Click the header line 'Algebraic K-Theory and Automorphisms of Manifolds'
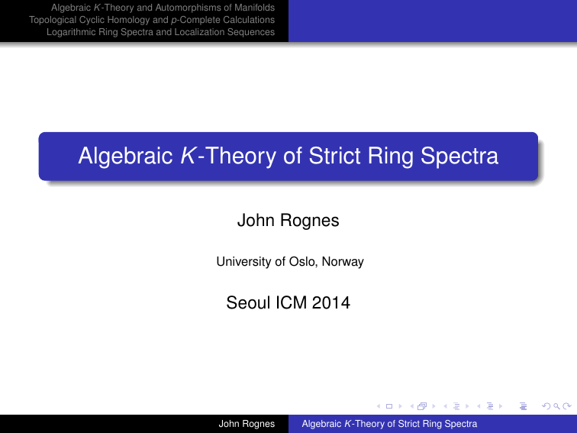162,8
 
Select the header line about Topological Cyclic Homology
151,20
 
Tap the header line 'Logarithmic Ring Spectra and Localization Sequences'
160,32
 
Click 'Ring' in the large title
392,157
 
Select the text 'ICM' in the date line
294,304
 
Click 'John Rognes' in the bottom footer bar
242,423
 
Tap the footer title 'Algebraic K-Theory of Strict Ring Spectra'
389,423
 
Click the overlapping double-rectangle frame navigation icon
421,406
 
